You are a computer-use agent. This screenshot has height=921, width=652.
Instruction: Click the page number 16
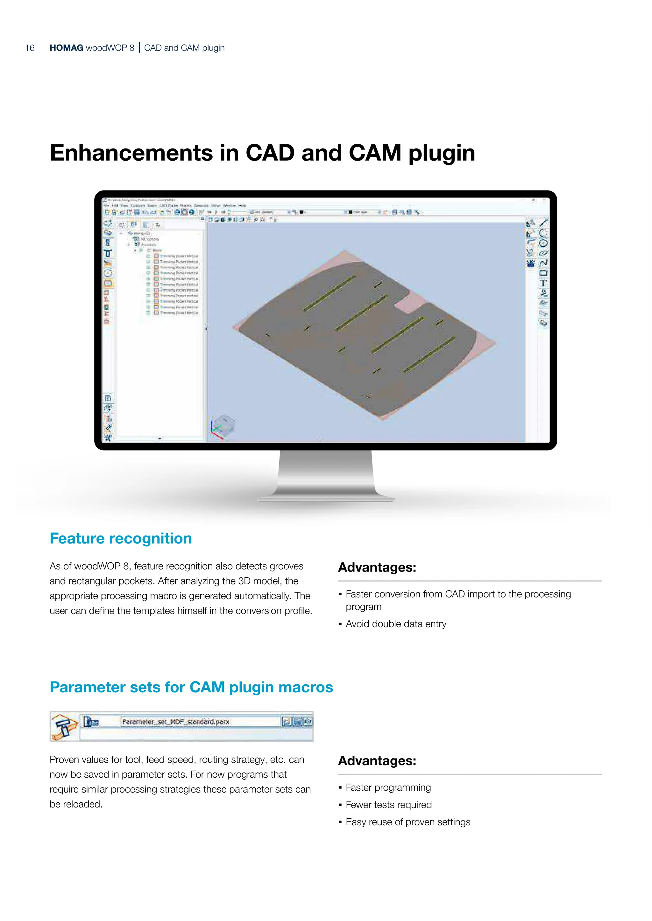coord(30,48)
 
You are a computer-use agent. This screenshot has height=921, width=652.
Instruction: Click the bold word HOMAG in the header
coord(66,48)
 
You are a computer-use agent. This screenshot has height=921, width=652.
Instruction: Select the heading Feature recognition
coord(120,538)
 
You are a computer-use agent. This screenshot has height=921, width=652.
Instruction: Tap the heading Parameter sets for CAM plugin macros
coord(191,687)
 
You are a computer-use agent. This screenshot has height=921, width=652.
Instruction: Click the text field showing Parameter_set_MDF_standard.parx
coord(200,722)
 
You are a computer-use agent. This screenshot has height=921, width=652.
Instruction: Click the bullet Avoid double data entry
coord(395,624)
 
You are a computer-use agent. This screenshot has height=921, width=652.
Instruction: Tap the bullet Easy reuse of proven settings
coord(407,822)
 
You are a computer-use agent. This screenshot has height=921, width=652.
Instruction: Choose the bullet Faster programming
coord(388,788)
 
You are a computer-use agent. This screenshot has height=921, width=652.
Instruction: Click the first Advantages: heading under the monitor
coord(377,568)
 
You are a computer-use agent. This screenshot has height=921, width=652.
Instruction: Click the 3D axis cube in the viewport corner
coord(223,426)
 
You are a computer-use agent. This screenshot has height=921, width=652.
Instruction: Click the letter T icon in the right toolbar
coord(543,283)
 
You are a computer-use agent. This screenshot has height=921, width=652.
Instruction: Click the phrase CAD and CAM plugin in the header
coord(184,48)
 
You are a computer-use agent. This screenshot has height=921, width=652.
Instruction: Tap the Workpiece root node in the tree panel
coord(142,233)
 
